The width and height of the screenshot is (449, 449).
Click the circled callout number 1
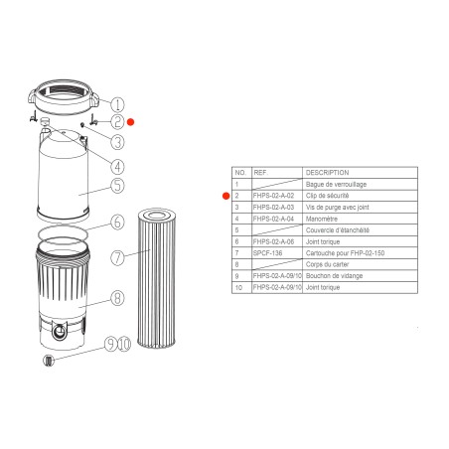point(117,104)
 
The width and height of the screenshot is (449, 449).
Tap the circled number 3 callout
point(117,142)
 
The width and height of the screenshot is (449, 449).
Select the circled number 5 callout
point(117,185)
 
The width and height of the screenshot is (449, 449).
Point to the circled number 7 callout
point(117,258)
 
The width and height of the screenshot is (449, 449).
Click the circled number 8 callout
point(117,297)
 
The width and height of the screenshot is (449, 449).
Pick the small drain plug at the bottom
point(46,361)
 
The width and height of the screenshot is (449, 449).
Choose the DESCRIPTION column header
point(327,172)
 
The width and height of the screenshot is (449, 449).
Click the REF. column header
point(261,172)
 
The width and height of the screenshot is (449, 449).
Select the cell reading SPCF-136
point(268,253)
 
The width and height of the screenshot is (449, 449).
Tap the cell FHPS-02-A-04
point(274,219)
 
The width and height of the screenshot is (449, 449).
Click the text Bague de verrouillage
point(335,185)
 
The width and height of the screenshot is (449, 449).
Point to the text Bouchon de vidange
point(335,276)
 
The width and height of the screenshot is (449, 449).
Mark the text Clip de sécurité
point(327,196)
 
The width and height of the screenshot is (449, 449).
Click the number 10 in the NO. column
point(237,287)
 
